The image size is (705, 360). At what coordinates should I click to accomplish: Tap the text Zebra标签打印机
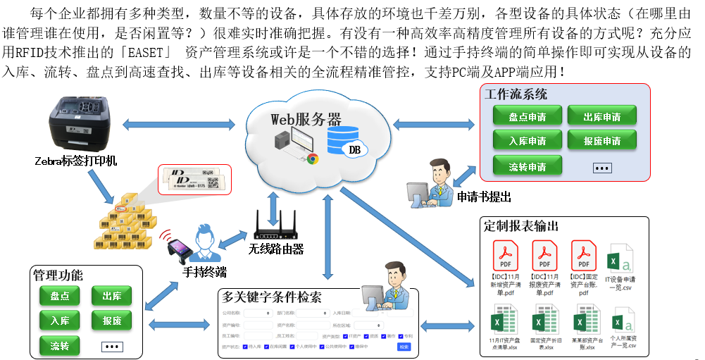[76, 161]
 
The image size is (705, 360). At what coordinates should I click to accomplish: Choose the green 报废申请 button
[601, 140]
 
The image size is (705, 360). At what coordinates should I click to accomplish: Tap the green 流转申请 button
[528, 167]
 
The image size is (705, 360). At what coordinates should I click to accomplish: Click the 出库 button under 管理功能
[111, 296]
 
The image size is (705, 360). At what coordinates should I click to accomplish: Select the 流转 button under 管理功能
[60, 346]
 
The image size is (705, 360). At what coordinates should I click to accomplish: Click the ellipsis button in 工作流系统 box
[602, 168]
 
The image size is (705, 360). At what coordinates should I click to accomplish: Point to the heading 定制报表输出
[522, 225]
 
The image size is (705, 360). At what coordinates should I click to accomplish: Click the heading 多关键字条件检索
[271, 297]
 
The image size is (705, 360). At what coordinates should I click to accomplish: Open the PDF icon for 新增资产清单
[505, 254]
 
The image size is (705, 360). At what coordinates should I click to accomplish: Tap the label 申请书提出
[484, 197]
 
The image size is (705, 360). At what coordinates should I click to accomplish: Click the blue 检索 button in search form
[404, 347]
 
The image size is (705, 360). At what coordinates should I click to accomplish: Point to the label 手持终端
[204, 272]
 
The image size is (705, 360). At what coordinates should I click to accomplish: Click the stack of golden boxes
[127, 223]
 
